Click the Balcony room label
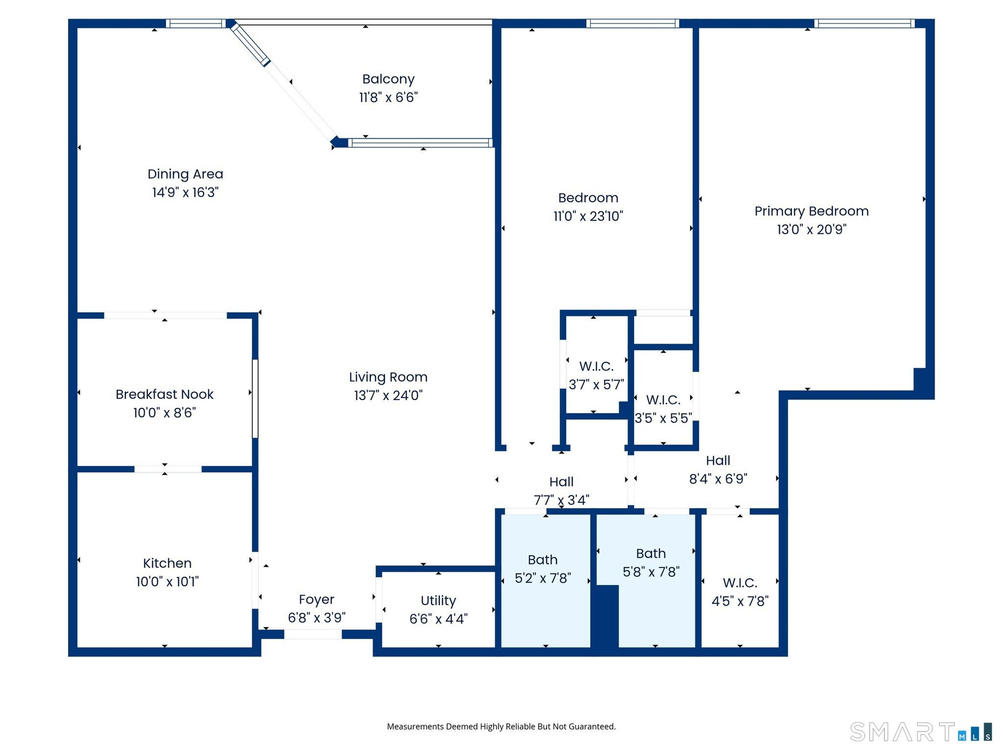(x=388, y=79)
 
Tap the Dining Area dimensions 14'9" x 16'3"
(x=185, y=192)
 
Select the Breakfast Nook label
(x=165, y=394)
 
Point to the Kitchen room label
(x=167, y=563)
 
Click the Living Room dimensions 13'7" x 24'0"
(x=388, y=395)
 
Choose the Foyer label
(x=317, y=600)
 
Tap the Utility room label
(x=438, y=601)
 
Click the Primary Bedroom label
(x=811, y=211)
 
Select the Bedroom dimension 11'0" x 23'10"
(x=588, y=216)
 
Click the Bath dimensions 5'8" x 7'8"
(x=651, y=572)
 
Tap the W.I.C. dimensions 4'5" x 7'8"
(x=740, y=601)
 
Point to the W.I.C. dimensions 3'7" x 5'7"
(x=596, y=385)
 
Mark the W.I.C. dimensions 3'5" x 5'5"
(x=663, y=418)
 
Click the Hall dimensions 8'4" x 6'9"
(x=718, y=479)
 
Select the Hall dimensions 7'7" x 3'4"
(x=561, y=500)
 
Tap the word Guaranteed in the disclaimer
(x=593, y=726)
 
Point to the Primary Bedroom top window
(x=865, y=23)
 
